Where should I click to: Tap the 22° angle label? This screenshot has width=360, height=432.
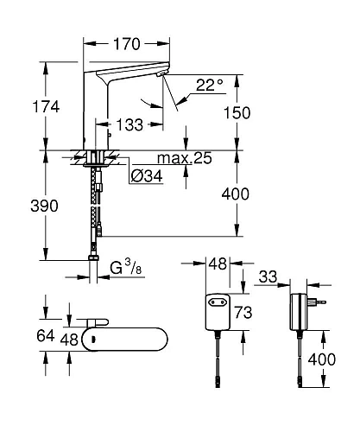point(208,85)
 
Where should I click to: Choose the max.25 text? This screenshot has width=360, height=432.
point(182,158)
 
